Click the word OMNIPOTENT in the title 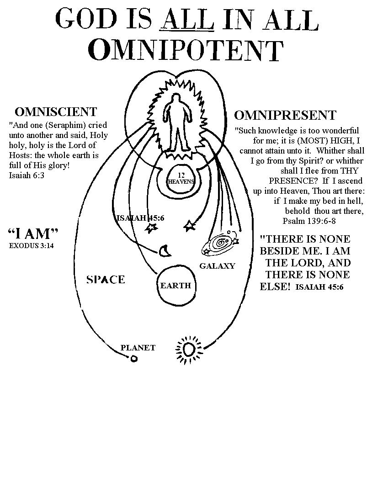(186, 50)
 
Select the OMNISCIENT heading (56, 112)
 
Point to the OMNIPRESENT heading (285, 115)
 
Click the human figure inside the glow (176, 122)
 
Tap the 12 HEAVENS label (181, 178)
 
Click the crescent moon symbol (164, 250)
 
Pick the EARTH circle (176, 286)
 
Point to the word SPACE (106, 279)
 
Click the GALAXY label (217, 266)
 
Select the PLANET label (138, 348)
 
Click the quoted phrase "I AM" (33, 234)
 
